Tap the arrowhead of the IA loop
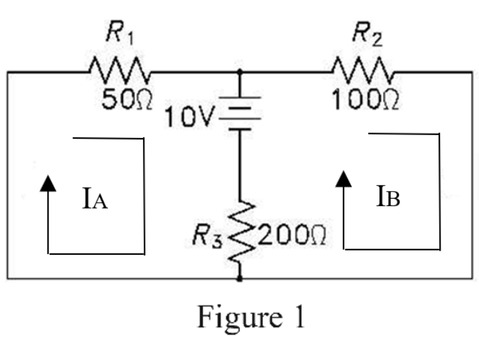[49, 182]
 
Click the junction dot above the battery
[240, 73]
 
